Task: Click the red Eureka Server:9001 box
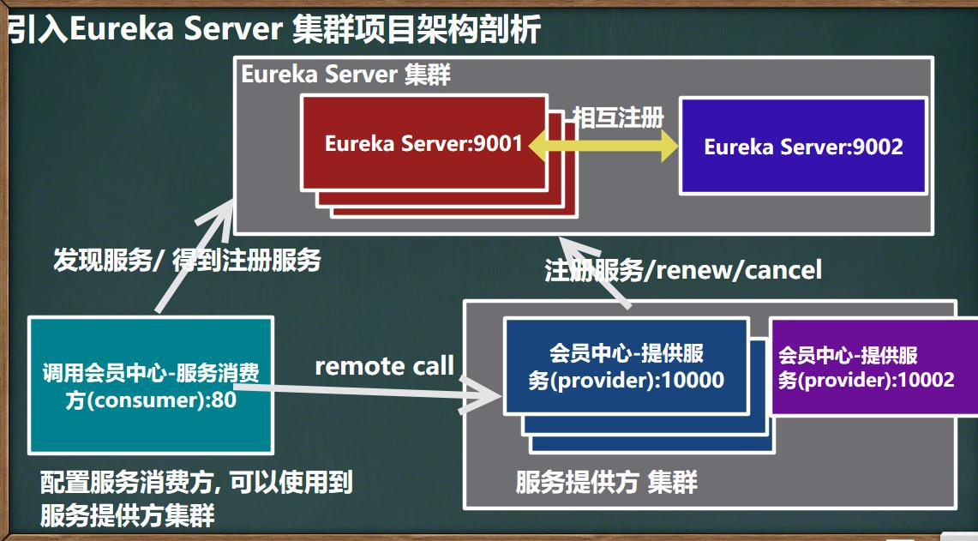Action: point(424,143)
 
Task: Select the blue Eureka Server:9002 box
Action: point(803,146)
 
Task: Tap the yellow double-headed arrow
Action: point(603,146)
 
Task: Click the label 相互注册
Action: point(618,117)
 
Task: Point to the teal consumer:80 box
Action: point(151,385)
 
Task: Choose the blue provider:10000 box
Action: point(627,366)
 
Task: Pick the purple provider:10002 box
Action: point(873,367)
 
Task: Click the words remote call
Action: point(384,366)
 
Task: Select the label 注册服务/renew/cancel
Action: point(683,270)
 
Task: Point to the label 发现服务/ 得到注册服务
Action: point(187,260)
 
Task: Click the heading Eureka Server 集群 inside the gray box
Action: point(345,75)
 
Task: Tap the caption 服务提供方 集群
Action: point(606,482)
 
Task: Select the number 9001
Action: point(498,143)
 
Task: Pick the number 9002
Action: point(878,147)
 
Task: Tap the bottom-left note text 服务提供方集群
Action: point(127,515)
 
